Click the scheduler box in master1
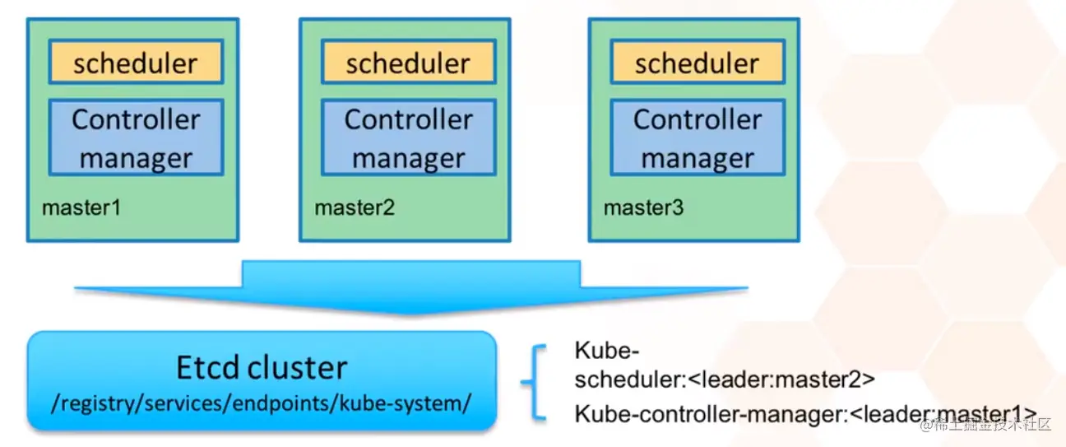(x=136, y=63)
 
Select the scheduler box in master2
(x=408, y=63)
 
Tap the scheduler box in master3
(x=697, y=63)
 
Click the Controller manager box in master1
(x=136, y=137)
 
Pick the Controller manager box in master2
(x=408, y=137)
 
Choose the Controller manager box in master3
(x=697, y=137)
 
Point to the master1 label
(x=81, y=207)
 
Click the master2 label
(x=355, y=207)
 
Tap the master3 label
(x=643, y=207)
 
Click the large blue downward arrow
(x=410, y=289)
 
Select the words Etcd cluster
(x=262, y=367)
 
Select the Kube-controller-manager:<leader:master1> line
(x=804, y=414)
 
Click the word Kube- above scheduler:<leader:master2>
(x=606, y=350)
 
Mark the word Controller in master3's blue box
(x=697, y=120)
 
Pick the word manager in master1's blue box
(x=136, y=158)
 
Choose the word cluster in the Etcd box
(x=299, y=367)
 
